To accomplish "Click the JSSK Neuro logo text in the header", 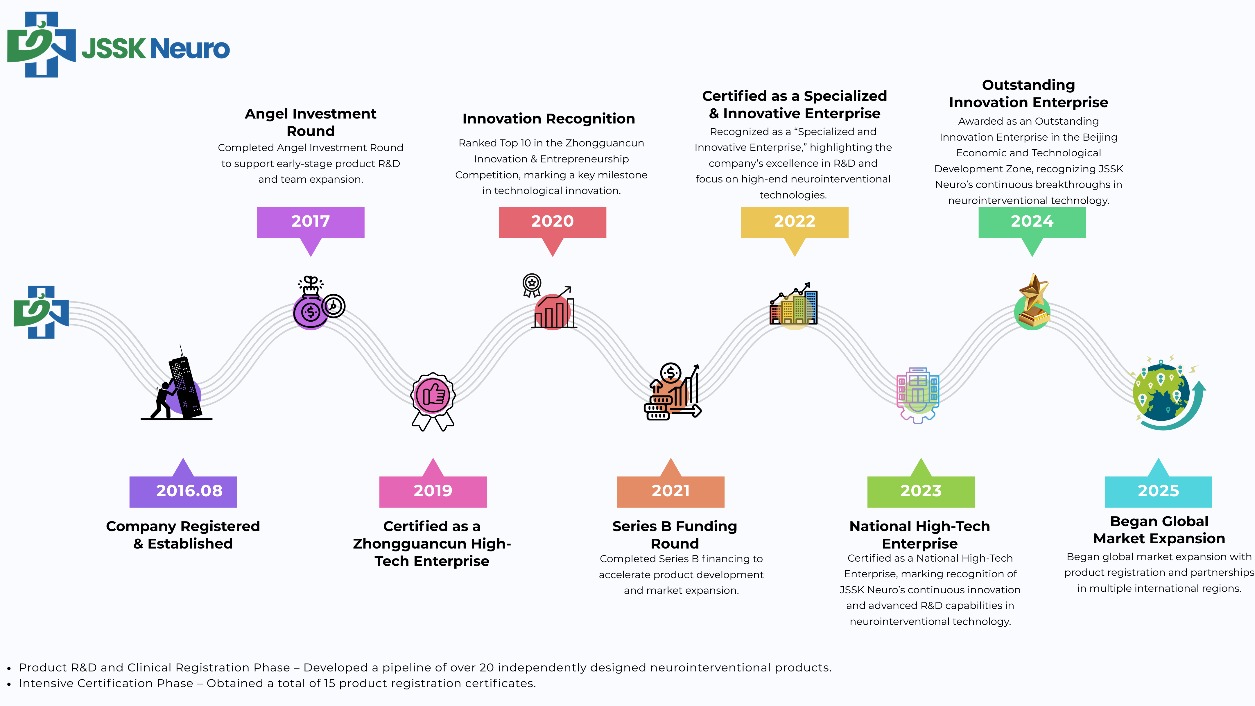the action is pos(156,49).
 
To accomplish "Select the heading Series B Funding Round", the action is pos(675,535).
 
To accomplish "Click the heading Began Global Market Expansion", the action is pos(1159,530).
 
